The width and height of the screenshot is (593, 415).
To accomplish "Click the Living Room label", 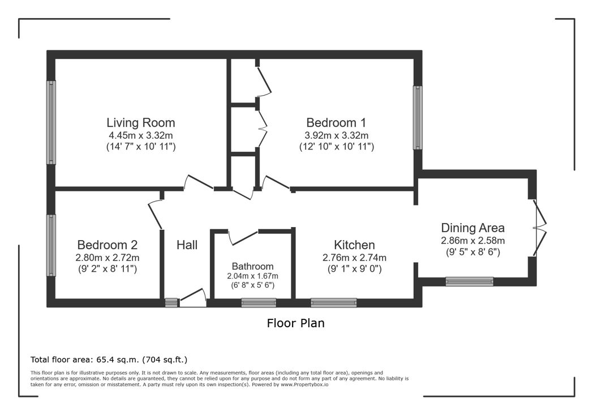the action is coord(141,122).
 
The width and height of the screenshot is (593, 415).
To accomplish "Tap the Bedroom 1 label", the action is coord(336,122).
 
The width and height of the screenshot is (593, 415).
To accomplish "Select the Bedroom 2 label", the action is coord(108,245).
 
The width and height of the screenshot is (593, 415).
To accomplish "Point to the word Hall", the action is coord(187,245).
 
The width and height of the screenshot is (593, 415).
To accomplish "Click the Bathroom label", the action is coord(252,266).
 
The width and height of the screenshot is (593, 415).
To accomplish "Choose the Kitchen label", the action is coord(354,245).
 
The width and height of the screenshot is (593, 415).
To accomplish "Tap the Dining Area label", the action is coord(472,228).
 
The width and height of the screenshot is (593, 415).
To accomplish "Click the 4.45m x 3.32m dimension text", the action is coord(141,135).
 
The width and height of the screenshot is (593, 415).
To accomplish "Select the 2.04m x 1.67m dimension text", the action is coord(252,276).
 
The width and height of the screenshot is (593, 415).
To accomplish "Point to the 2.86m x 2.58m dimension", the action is coord(472,241).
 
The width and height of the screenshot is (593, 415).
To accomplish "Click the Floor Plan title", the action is coord(296,323).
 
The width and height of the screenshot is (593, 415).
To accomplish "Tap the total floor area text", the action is coord(109,360).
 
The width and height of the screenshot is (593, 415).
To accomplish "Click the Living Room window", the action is coord(51,122).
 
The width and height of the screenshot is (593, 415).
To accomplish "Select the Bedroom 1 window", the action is coord(418,118).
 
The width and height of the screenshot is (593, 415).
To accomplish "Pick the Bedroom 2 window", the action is coord(51,245).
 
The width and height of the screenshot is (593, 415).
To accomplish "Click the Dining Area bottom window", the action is coord(469,281).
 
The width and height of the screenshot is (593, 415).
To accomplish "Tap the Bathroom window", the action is coord(259,303).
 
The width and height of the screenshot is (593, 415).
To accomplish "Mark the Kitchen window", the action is coord(334,303).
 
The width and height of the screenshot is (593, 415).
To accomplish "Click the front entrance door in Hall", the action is coord(193,298).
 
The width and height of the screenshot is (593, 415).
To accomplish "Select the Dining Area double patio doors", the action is coord(540,228).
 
